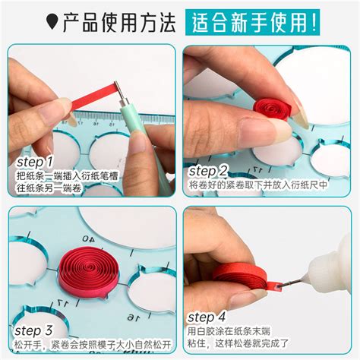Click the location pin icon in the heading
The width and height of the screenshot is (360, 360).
click(52, 22)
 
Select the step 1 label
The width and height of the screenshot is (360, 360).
click(35, 162)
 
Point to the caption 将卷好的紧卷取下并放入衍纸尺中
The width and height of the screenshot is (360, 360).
click(258, 184)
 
